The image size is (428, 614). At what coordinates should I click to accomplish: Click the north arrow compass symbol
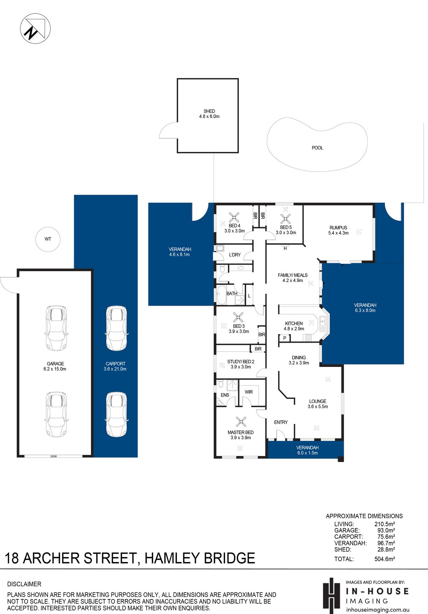[x=35, y=29]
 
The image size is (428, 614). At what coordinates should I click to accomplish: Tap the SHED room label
[x=209, y=114]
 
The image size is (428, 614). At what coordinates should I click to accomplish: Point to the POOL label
[x=317, y=148]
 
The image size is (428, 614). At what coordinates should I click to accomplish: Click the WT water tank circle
[x=48, y=239]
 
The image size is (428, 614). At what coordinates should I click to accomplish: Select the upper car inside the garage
[x=56, y=328]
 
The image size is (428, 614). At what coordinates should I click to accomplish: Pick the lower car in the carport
[x=116, y=414]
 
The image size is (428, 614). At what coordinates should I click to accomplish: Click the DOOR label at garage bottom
[x=54, y=456]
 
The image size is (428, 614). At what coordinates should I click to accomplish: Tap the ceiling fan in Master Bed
[x=241, y=422]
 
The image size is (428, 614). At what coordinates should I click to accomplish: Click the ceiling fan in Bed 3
[x=238, y=317]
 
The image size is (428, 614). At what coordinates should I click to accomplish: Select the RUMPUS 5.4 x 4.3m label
[x=338, y=230]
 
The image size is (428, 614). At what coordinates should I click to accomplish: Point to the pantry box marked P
[x=285, y=338]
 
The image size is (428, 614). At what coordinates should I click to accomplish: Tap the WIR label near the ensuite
[x=249, y=392]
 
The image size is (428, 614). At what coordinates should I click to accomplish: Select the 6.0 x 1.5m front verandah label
[x=307, y=450]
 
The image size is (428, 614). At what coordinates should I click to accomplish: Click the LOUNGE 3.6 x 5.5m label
[x=318, y=404]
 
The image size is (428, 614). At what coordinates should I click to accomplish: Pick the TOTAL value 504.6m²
[x=384, y=559]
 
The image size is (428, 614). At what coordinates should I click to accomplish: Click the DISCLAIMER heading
[x=24, y=584]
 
